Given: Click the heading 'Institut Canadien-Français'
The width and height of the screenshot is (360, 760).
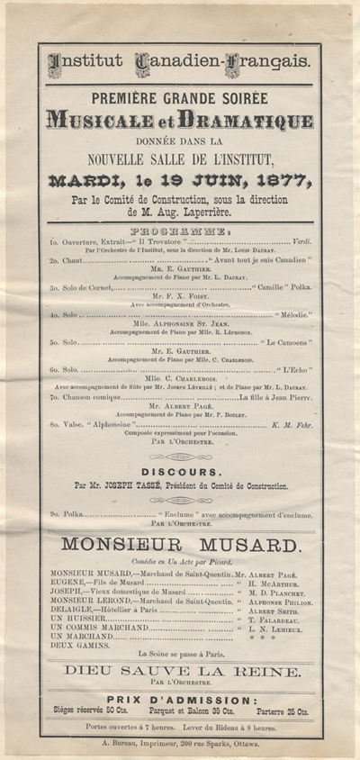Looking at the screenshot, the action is [180, 62].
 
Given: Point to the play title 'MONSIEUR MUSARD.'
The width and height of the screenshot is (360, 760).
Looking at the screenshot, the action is [179, 546].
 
